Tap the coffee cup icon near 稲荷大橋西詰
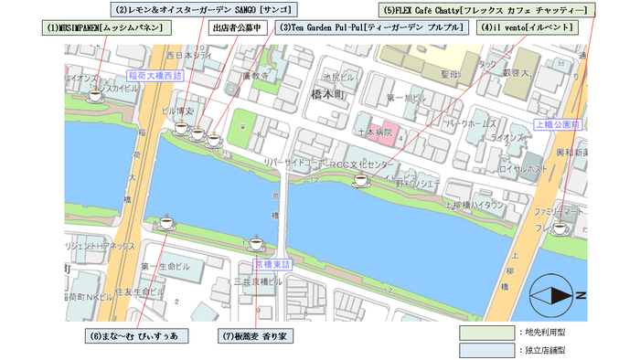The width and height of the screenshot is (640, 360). [94, 95]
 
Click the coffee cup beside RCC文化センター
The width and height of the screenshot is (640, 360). [359, 182]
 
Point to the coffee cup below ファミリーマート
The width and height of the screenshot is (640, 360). [560, 228]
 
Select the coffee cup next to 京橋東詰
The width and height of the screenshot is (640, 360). [256, 243]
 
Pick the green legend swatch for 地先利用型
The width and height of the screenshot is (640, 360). [486, 331]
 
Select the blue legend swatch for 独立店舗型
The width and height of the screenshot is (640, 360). [486, 350]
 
